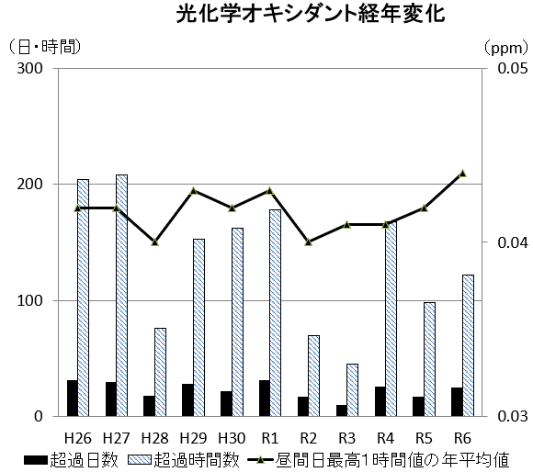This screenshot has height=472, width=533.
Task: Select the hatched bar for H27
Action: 122,294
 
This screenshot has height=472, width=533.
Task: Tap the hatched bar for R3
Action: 352,389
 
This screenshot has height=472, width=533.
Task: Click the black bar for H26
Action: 72,398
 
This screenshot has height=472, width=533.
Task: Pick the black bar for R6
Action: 456,401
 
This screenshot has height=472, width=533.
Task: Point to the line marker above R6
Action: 462,173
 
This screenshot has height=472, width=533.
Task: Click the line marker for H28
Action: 154,242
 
